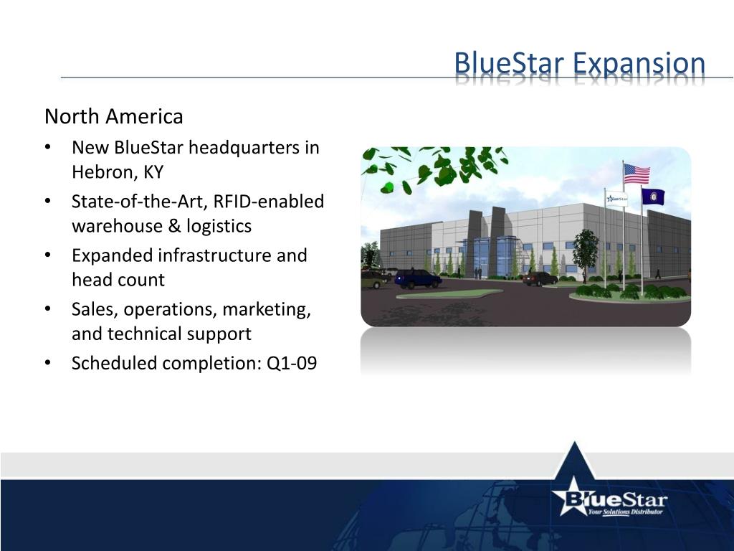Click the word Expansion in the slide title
[x=639, y=65]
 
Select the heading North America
[x=113, y=116]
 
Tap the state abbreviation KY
[x=153, y=172]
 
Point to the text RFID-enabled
[x=269, y=202]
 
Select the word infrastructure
[x=216, y=255]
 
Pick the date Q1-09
[x=292, y=363]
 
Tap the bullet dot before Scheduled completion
[x=47, y=364]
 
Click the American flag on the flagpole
[x=637, y=174]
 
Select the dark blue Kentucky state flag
[x=653, y=196]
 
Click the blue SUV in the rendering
[x=417, y=278]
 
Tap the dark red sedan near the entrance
[x=539, y=279]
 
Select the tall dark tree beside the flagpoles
[x=586, y=251]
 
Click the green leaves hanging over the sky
[x=437, y=166]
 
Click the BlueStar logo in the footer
[x=609, y=499]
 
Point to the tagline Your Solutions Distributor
[x=624, y=512]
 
